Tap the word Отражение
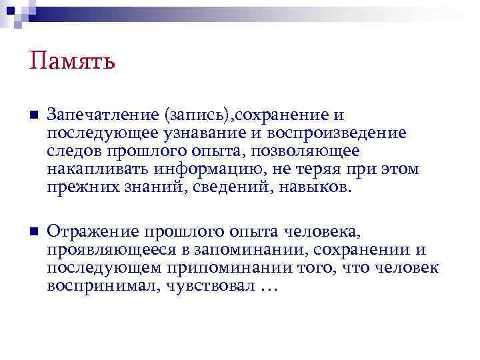[x=88, y=232]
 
